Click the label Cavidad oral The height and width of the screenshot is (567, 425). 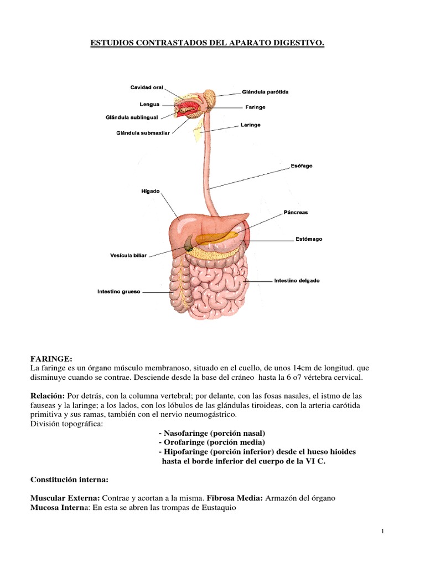147,87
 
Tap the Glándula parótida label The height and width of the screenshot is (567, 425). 265,92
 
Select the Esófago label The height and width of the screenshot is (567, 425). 301,166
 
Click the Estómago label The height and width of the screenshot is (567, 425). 308,239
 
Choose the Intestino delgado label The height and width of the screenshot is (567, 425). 297,281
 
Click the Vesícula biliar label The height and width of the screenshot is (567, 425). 128,256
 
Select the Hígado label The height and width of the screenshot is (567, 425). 151,192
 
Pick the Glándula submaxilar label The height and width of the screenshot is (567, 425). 142,133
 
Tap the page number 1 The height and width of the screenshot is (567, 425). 382,532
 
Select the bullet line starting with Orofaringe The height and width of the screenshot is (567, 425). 211,442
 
